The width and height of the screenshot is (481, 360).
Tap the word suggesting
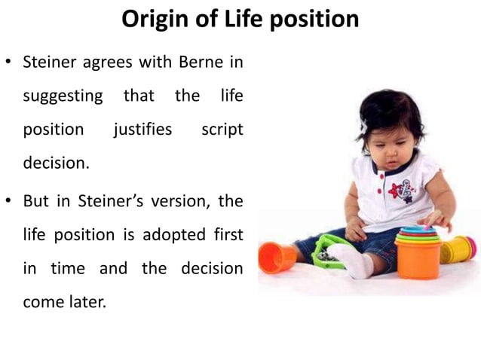63,96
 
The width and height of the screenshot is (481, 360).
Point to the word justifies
142,129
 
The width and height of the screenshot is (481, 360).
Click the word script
222,129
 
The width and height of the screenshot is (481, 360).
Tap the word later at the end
91,302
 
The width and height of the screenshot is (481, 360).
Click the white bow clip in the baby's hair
363,127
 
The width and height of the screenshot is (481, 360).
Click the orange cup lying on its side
276,257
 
